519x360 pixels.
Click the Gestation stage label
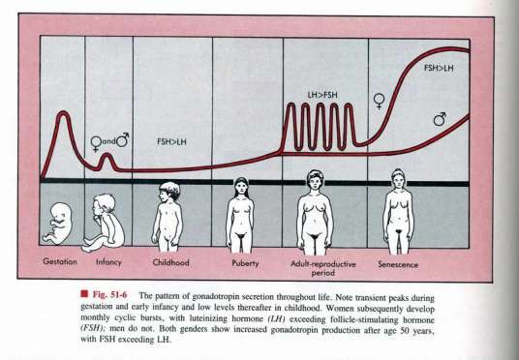60,261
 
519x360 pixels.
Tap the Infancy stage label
108,262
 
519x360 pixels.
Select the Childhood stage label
170,262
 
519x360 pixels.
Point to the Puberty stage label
245,263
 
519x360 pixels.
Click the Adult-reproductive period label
323,268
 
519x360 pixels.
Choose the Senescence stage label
398,264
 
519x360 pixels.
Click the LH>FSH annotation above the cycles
322,95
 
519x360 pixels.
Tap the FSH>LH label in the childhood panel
171,142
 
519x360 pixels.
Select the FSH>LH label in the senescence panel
439,68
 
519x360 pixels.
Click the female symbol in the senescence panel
379,101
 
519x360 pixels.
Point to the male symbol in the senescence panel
440,119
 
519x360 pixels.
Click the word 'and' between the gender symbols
108,141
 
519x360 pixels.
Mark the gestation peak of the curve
63,113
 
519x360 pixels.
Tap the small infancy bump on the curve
107,155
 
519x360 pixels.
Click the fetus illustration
58,224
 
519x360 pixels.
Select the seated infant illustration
104,223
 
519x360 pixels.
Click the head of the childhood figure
169,192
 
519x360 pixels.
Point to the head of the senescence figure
398,179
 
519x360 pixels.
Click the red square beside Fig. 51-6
84,294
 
